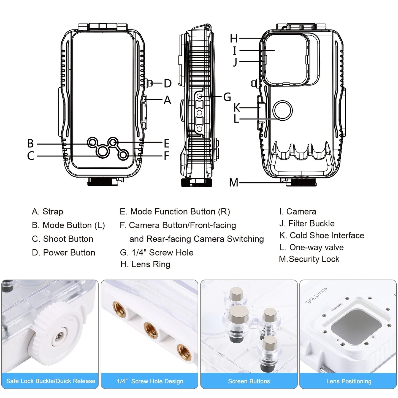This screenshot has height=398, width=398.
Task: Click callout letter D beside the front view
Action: click(x=167, y=83)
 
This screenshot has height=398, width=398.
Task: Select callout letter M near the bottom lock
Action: click(x=234, y=182)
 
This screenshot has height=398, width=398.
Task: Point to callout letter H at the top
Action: click(x=234, y=39)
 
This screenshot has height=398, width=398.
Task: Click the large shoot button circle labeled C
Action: click(x=102, y=151)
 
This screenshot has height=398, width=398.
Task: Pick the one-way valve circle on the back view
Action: click(x=282, y=110)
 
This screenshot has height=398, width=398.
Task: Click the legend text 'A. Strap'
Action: click(x=47, y=212)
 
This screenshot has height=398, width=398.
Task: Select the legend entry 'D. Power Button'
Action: click(x=63, y=253)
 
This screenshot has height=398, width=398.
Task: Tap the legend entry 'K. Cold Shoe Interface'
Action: click(x=321, y=235)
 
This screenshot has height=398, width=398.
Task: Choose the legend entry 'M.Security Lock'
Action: click(x=309, y=259)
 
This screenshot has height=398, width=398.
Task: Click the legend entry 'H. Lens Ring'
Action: click(x=145, y=264)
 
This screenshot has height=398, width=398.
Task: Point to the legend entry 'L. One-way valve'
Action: click(x=311, y=247)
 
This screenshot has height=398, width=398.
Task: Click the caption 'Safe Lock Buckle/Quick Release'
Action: click(x=51, y=381)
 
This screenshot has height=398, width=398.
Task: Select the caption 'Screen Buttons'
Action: click(x=249, y=381)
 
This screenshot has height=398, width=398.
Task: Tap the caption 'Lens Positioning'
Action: click(x=349, y=381)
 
